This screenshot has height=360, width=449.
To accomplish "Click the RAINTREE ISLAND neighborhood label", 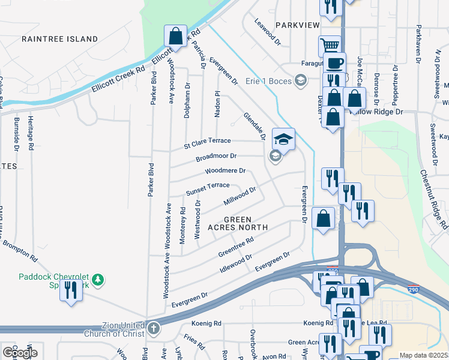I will point(59,39).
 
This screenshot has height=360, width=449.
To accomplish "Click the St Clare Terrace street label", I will point(207,143).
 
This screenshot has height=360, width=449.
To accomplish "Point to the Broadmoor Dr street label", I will point(216,157).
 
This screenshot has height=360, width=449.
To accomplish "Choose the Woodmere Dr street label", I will point(225,171).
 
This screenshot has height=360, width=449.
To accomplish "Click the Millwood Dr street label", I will point(240,195).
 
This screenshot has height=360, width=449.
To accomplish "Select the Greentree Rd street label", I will point(237,245).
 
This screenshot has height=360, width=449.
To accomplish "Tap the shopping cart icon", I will point(330,45).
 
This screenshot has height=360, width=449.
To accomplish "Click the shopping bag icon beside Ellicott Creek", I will point(175,35).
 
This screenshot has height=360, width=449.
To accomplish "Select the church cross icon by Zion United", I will point(154,328).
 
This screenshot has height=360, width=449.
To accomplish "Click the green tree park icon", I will point(98,280).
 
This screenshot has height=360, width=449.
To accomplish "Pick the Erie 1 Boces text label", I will point(269,81).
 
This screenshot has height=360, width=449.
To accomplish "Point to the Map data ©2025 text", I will point(423,355).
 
